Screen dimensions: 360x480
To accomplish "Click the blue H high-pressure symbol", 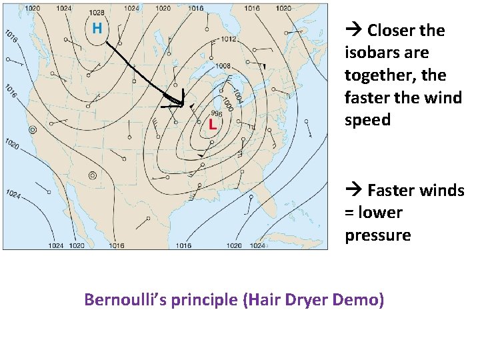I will tap(97, 28).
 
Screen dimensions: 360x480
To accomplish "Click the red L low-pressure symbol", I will tap(213, 123).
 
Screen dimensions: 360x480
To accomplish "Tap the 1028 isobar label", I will tap(96, 13).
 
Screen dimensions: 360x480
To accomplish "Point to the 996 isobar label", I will tap(216, 113).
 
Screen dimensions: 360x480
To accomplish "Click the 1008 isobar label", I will tap(224, 66).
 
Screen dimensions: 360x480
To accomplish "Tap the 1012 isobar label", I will tap(229, 39).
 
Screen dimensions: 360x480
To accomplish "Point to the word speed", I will tap(367, 121).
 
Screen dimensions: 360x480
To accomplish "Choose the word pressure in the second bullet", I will tap(377, 235).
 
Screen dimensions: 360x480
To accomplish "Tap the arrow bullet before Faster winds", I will tap(354, 190).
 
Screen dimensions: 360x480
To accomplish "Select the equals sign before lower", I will tap(349, 213).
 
